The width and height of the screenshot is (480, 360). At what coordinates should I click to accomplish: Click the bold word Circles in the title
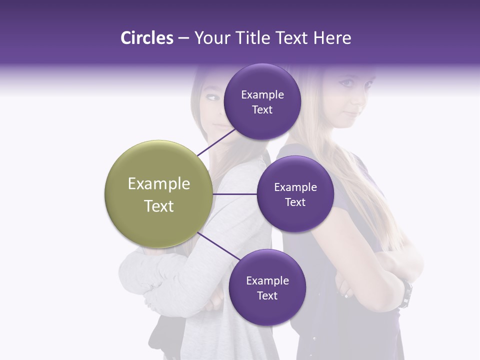click(x=146, y=38)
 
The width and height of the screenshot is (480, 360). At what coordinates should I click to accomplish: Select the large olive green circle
click(x=158, y=194)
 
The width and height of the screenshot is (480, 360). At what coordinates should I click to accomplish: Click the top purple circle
click(x=262, y=80)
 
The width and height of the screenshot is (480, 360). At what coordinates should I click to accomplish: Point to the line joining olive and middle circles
click(x=234, y=194)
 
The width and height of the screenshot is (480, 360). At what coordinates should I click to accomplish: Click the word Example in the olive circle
click(x=158, y=184)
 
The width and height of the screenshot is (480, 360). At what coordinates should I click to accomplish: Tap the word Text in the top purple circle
click(x=262, y=110)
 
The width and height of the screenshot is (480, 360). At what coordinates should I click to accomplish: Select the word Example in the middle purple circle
click(x=295, y=187)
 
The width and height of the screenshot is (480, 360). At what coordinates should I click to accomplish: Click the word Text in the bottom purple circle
click(x=267, y=296)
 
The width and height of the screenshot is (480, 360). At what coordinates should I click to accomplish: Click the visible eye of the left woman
click(x=212, y=97)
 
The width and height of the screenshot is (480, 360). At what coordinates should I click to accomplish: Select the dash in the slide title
click(x=183, y=38)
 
